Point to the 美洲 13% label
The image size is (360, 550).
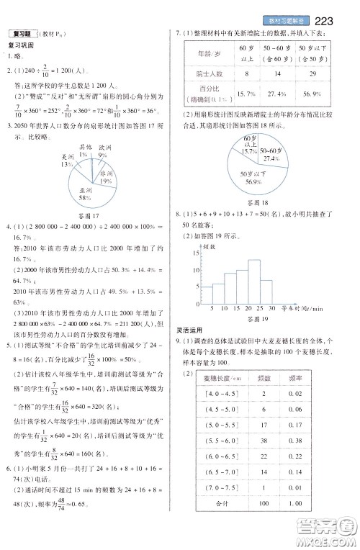click(x=68, y=160)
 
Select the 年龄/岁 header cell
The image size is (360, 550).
click(x=205, y=53)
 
